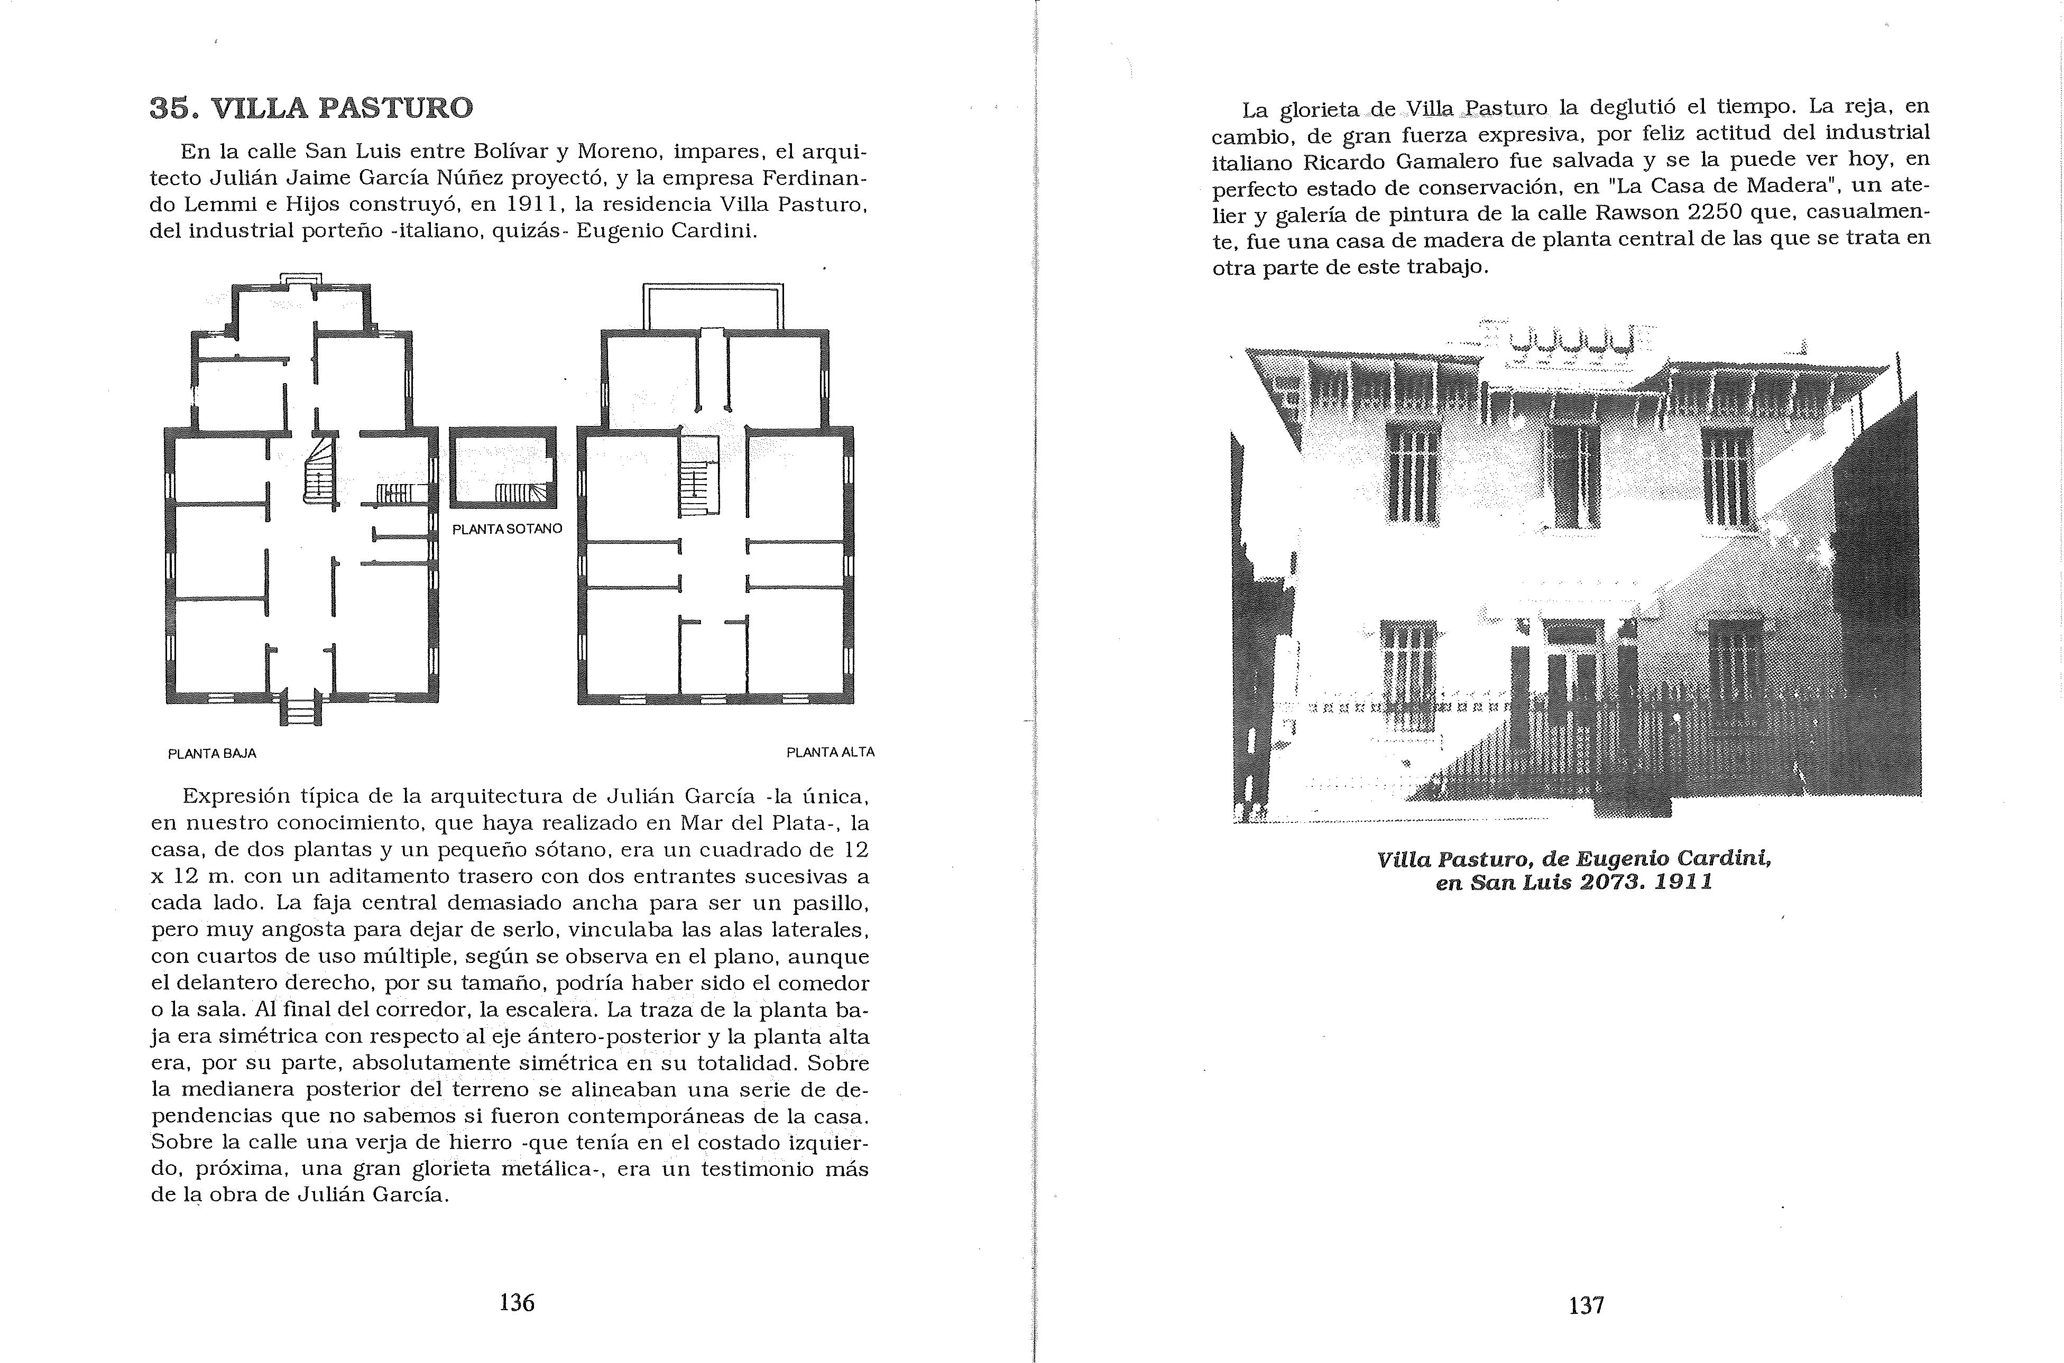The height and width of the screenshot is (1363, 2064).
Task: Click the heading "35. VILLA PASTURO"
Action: tap(311, 108)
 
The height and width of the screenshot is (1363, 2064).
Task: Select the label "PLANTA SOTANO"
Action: tap(507, 528)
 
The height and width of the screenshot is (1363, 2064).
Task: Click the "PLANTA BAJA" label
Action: tap(211, 754)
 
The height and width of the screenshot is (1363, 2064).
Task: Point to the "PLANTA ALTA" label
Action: tap(830, 752)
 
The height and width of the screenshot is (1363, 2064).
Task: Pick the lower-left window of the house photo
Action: tap(1407, 669)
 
